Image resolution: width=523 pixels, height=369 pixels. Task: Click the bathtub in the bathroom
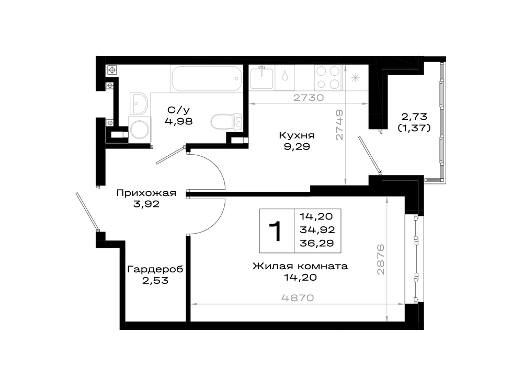[x=206, y=79]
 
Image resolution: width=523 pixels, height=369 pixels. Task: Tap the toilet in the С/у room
[x=226, y=122]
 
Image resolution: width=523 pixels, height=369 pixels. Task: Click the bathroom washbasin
[x=138, y=103]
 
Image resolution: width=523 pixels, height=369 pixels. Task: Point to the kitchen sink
[x=262, y=78]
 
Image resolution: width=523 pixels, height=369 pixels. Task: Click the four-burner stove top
[x=328, y=78]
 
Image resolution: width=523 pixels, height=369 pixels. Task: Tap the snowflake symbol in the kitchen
[x=355, y=78]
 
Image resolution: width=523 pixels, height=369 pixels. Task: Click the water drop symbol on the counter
[x=285, y=76]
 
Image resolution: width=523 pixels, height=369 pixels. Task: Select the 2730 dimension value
[x=309, y=98]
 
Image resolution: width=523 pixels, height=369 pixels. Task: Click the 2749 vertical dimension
[x=339, y=125]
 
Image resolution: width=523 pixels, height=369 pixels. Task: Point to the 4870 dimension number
[x=298, y=298]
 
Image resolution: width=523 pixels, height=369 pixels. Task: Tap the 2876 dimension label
[x=381, y=260]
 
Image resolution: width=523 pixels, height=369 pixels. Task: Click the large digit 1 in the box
[x=276, y=231]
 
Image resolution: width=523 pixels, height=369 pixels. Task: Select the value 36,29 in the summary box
[x=317, y=243]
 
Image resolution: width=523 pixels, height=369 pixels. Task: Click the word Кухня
[x=297, y=136]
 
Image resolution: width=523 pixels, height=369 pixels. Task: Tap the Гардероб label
[x=155, y=269]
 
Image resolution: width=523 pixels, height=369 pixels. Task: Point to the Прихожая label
[x=146, y=193]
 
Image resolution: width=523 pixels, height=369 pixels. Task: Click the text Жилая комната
[x=300, y=266]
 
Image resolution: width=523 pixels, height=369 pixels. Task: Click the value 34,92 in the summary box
[x=317, y=229]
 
